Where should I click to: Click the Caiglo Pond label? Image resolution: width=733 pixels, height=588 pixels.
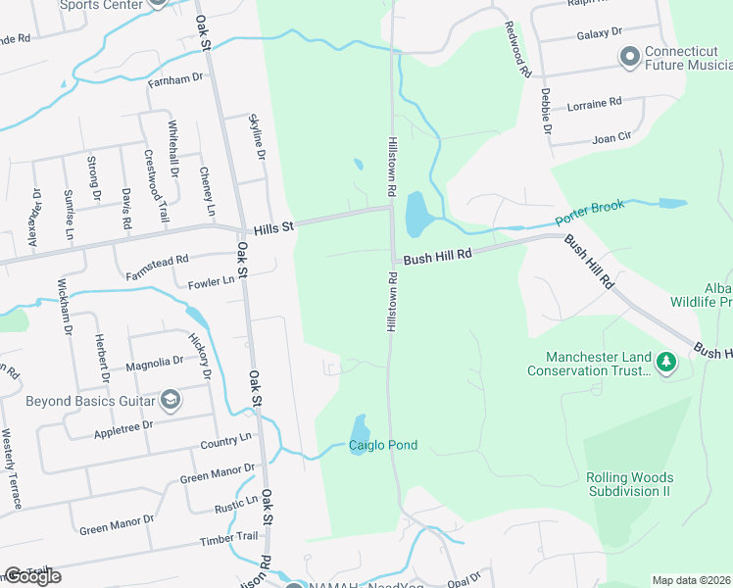click(x=383, y=446)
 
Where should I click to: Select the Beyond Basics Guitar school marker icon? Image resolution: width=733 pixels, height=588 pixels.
click(x=171, y=399)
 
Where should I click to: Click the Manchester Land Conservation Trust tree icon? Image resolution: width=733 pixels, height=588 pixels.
click(x=666, y=362)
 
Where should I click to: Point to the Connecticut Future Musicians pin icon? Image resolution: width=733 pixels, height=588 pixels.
click(x=629, y=58)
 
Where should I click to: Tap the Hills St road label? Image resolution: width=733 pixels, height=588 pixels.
click(x=273, y=228)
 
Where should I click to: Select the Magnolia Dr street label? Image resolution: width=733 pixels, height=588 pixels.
click(x=154, y=364)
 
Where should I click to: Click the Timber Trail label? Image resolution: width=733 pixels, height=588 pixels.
click(x=230, y=538)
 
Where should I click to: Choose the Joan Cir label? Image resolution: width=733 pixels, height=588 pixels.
click(x=611, y=139)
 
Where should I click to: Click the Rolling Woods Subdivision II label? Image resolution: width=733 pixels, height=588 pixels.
click(x=628, y=484)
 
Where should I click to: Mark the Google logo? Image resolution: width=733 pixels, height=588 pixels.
click(x=32, y=576)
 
